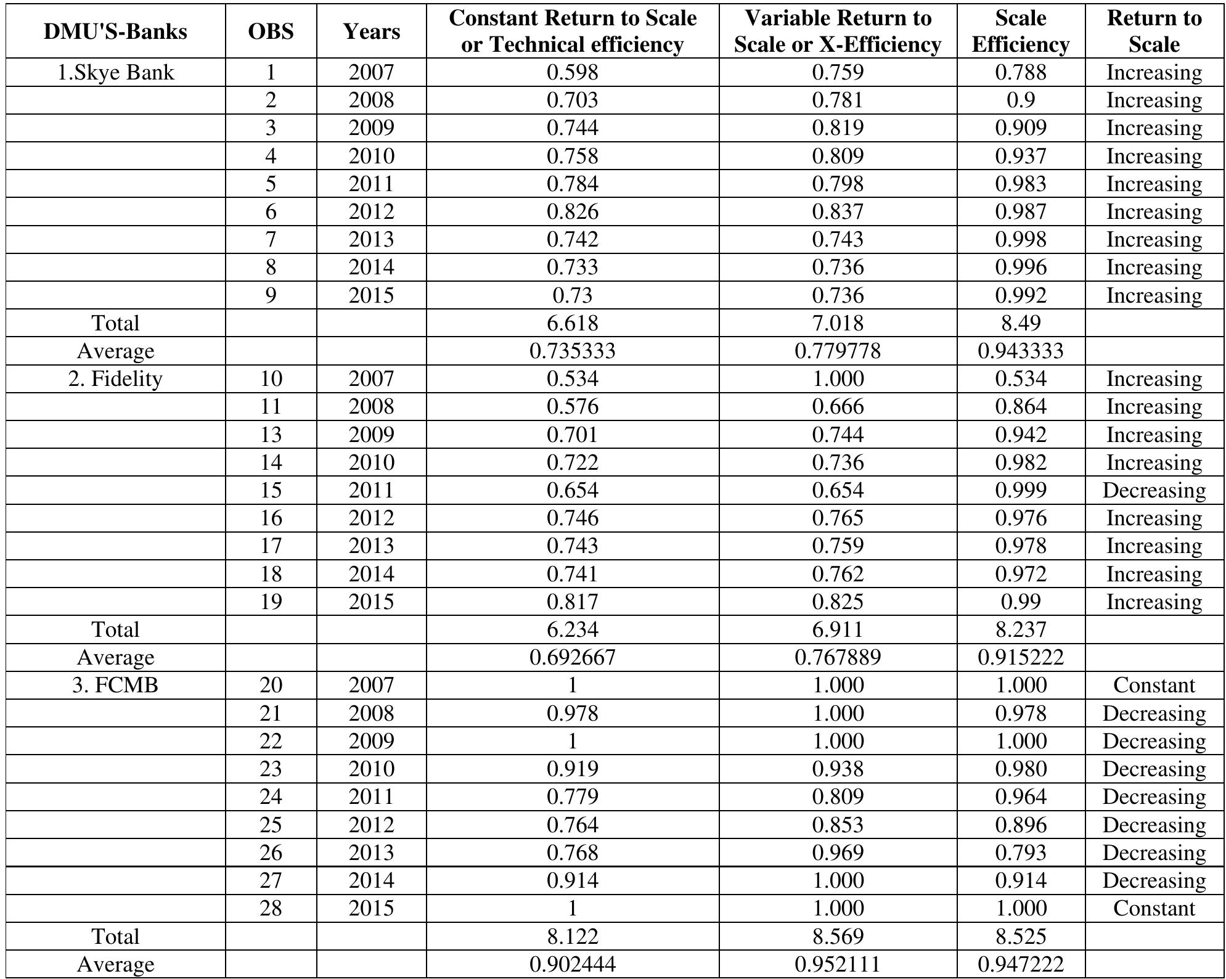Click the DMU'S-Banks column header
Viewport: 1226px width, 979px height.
click(x=115, y=31)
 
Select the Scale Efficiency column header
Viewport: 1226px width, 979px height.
click(x=1020, y=31)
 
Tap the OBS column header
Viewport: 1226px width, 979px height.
click(x=271, y=31)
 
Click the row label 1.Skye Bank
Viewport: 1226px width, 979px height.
click(x=115, y=73)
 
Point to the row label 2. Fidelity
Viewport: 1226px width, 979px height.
click(x=115, y=379)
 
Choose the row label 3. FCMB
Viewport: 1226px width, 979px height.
click(x=115, y=685)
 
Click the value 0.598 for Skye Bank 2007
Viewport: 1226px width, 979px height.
click(x=572, y=73)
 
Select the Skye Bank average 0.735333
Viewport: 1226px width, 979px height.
click(x=572, y=351)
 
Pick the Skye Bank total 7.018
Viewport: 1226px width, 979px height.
click(x=838, y=323)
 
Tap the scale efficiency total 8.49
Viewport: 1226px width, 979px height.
click(x=1020, y=323)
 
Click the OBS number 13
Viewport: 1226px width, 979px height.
click(x=271, y=435)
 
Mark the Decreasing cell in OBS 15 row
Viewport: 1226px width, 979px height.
click(x=1154, y=490)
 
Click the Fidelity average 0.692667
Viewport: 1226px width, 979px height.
click(x=572, y=657)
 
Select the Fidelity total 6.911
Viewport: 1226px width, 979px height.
click(x=838, y=629)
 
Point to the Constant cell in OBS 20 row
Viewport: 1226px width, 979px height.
click(x=1154, y=685)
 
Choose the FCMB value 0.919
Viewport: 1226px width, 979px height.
click(x=572, y=769)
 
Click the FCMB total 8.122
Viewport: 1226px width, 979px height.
click(x=572, y=936)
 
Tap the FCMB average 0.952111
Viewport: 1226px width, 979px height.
click(x=838, y=964)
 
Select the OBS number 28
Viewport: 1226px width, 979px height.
click(x=271, y=908)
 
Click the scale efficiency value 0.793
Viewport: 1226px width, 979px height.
click(x=1020, y=853)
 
